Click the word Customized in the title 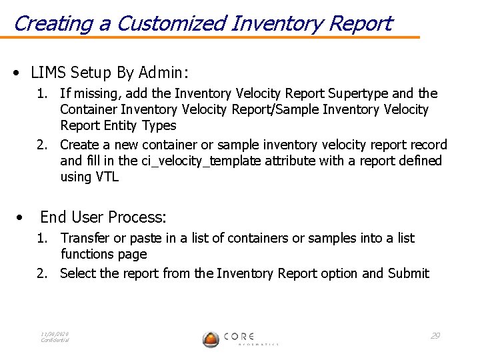[x=171, y=23]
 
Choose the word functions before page [x=90, y=254]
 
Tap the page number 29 [x=435, y=335]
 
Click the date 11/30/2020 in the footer [x=55, y=334]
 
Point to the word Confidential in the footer [x=55, y=340]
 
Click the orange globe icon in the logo [x=211, y=339]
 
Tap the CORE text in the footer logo [x=238, y=336]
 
